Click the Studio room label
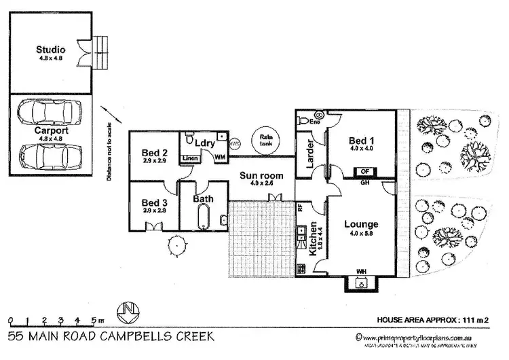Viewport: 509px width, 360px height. tap(51, 50)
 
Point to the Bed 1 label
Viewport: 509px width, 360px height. tap(362, 141)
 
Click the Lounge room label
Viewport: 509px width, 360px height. tap(361, 225)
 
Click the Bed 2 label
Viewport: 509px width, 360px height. tap(155, 152)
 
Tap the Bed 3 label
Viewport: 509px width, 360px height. tap(155, 202)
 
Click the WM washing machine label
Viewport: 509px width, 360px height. tap(220, 157)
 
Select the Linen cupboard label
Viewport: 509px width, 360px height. tap(190, 158)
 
